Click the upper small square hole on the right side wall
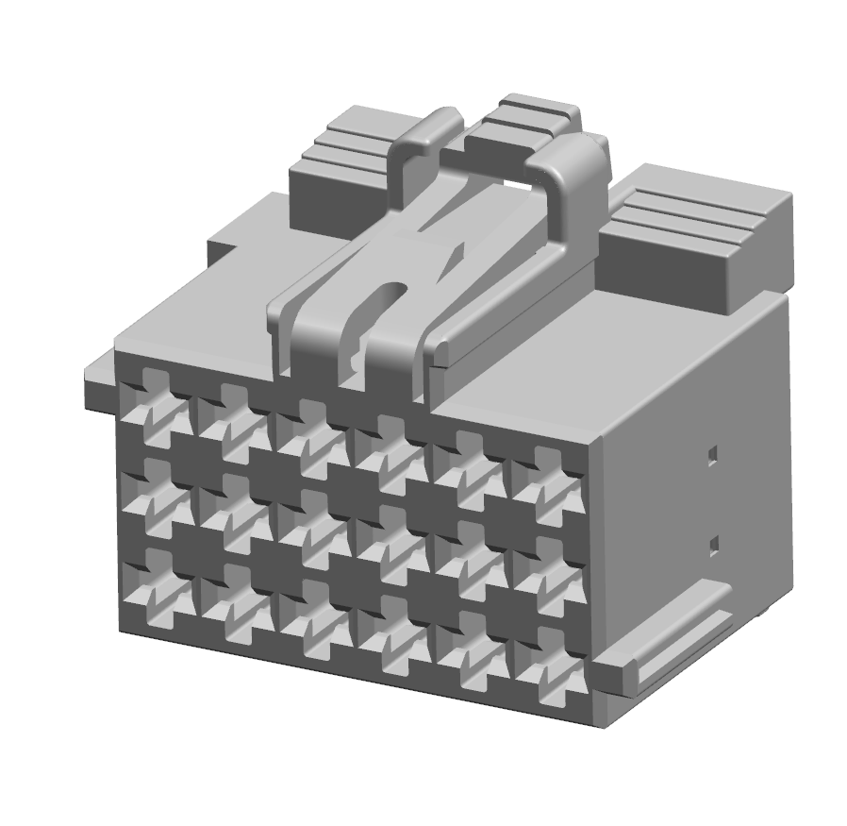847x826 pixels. [713, 455]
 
